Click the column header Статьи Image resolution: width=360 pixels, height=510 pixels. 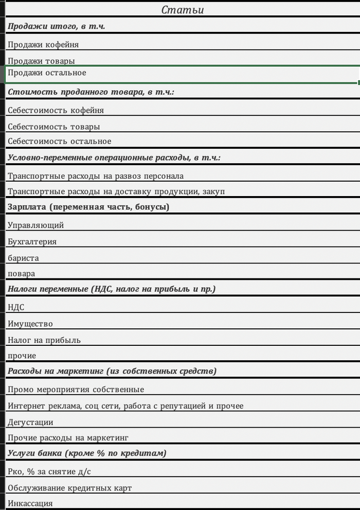pos(183,10)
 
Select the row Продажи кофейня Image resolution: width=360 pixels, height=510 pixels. pos(43,45)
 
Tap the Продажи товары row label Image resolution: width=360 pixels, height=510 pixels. pos(41,61)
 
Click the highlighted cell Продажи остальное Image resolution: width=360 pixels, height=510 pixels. pos(47,73)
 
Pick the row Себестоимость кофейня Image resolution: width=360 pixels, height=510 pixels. pos(56,110)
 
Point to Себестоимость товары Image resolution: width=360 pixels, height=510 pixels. pos(53,127)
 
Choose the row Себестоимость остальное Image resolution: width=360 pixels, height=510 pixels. pos(59,142)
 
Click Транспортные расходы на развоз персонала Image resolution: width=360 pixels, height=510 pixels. pos(96,176)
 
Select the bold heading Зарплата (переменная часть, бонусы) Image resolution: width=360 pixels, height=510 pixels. pos(88,207)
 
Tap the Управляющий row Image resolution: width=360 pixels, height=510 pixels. pos(35,225)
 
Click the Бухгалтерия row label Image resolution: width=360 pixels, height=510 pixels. pos(32,241)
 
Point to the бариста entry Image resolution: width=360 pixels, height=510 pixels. pos(23,258)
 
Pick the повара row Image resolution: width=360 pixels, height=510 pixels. pos(22,274)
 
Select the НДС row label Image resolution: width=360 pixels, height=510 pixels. pos(16,307)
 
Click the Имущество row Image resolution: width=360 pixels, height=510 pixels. pos(30,324)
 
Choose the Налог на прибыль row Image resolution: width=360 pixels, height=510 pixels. pos(44,340)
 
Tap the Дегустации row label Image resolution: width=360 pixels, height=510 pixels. pos(30,422)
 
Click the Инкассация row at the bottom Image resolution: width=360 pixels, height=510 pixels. pos(30,503)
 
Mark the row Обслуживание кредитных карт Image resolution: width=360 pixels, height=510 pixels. pos(69,488)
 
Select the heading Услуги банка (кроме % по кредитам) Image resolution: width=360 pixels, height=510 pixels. pos(87,453)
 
